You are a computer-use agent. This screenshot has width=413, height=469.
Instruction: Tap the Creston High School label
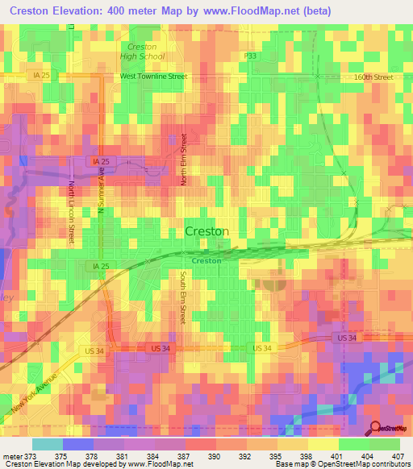142,52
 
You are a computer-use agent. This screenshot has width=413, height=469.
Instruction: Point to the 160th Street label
373,77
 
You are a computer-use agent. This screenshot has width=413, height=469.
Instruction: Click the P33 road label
251,56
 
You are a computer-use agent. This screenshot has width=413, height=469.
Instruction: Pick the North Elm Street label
184,160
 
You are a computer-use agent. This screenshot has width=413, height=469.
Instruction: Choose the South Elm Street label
183,298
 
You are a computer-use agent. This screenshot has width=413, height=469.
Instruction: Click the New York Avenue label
35,395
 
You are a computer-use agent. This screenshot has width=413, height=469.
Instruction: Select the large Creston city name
206,231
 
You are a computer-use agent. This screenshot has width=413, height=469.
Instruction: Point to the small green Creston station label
206,260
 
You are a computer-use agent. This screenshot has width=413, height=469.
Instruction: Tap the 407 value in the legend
397,455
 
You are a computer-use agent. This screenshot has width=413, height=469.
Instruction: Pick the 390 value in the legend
216,455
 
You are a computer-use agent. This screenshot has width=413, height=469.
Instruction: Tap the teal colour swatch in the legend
47,444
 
